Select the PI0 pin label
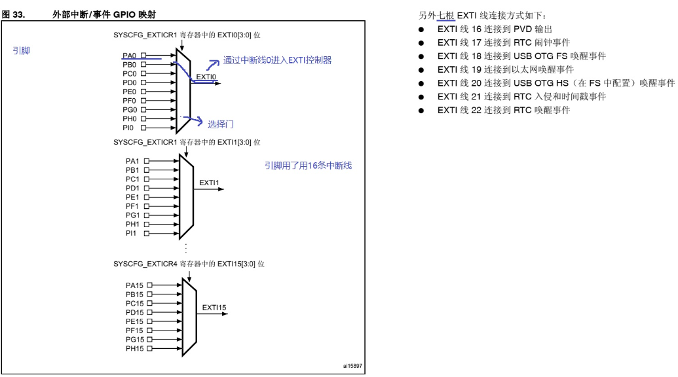128,128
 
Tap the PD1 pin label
132,188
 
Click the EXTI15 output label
214,306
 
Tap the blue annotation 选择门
221,123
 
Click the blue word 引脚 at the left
21,50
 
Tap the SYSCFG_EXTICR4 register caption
189,263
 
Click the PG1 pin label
132,215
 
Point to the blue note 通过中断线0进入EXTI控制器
277,60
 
